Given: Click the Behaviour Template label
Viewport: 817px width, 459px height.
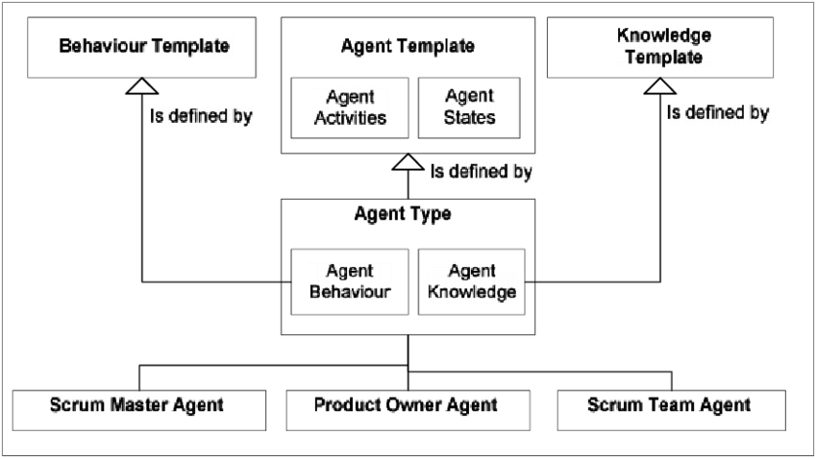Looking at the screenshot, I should click(x=145, y=46).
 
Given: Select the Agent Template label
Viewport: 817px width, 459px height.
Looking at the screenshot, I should click(x=408, y=46).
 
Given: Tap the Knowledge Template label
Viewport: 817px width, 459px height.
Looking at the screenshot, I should click(x=663, y=47).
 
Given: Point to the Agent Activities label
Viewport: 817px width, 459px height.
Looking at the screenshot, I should click(x=350, y=108).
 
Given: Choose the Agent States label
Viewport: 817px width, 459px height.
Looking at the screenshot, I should click(x=469, y=107).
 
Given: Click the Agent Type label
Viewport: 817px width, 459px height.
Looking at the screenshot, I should click(x=403, y=214).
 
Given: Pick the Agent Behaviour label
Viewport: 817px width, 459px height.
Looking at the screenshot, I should click(x=350, y=282).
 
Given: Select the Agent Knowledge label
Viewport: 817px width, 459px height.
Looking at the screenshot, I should click(x=471, y=282).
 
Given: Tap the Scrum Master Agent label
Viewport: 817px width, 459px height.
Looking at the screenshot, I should click(x=136, y=405).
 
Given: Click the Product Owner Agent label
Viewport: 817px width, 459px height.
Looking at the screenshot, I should click(x=406, y=405).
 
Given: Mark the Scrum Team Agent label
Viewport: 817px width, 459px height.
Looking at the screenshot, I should click(x=669, y=405).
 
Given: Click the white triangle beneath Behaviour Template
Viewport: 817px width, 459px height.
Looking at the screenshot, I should click(x=142, y=86).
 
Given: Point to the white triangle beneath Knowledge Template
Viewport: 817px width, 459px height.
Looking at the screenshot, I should click(x=659, y=86).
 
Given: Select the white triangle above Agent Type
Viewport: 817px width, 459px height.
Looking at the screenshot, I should click(x=408, y=162).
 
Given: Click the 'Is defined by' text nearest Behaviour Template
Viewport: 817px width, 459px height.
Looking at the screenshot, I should click(x=201, y=117).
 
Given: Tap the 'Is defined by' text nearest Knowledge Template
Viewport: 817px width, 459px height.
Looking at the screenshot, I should click(x=718, y=113).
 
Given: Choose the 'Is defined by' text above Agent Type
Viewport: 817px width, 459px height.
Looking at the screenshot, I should click(x=481, y=173).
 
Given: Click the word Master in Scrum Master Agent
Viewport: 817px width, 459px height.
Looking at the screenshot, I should click(x=135, y=405).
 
